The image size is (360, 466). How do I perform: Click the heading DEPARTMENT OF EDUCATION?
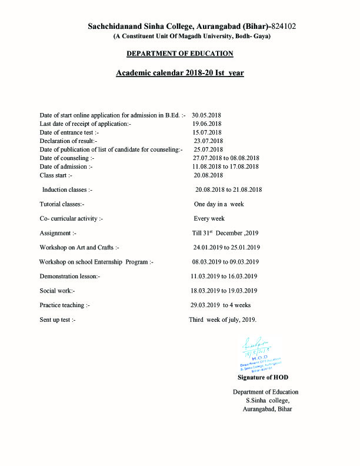pos(180,54)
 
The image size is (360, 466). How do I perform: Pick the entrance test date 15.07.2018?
pos(208,132)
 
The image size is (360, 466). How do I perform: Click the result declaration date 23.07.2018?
pos(208,141)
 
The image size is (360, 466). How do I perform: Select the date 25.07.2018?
pos(208,149)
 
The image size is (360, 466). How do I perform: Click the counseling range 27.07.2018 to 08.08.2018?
pos(226,158)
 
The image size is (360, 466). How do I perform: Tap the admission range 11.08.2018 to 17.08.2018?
pos(226,167)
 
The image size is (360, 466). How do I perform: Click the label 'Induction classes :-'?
pos(67,189)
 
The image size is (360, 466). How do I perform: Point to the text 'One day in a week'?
pos(219,204)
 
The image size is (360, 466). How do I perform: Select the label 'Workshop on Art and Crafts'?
pos(79,247)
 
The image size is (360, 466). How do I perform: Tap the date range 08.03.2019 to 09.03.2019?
pos(226,262)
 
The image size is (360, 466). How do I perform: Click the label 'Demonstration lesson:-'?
pos(70,276)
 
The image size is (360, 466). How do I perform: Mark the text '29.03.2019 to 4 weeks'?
pos(221,305)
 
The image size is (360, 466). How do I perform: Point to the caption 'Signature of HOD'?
pos(263,377)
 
